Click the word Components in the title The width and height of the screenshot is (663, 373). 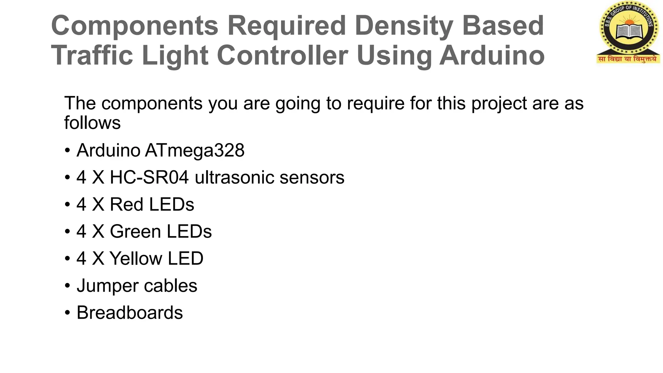click(x=135, y=26)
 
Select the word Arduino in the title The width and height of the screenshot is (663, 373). click(x=492, y=55)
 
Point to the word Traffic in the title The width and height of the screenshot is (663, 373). click(x=92, y=55)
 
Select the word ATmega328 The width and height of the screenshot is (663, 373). click(x=195, y=150)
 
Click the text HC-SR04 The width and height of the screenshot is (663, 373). click(x=149, y=177)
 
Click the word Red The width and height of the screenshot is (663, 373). click(x=127, y=204)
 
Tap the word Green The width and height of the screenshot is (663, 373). click(x=135, y=232)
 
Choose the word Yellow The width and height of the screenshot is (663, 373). click(x=136, y=258)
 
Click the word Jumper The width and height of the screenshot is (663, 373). click(x=107, y=286)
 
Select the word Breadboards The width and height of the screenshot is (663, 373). click(x=130, y=312)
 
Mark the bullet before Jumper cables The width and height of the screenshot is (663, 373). click(x=67, y=286)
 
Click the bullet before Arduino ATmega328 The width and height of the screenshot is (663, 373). click(x=67, y=151)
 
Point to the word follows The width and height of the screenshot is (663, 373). click(x=92, y=123)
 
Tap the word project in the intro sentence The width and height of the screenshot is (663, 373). click(x=499, y=104)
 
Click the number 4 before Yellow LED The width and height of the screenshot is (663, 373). click(x=81, y=258)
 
